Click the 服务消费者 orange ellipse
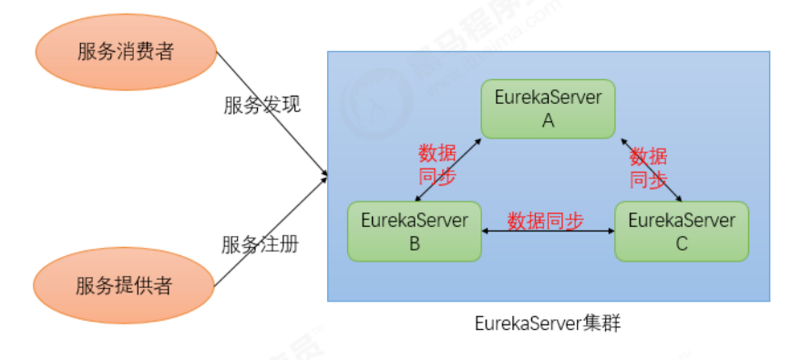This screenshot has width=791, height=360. click(x=124, y=52)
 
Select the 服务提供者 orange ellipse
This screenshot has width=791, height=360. click(x=124, y=286)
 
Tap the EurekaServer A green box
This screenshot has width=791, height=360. click(x=548, y=108)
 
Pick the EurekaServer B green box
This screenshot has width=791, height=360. click(x=414, y=231)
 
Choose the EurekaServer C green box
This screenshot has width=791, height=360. click(x=682, y=231)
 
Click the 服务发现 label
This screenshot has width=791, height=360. click(x=262, y=105)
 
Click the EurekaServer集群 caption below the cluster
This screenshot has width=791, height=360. click(x=548, y=324)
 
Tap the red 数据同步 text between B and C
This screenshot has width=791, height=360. click(x=546, y=221)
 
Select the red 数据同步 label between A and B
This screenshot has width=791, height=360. click(x=437, y=164)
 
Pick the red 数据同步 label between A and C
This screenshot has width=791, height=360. click(x=648, y=167)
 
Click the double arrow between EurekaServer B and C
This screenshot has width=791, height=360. click(x=548, y=233)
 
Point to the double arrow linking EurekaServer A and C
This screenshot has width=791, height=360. click(x=652, y=170)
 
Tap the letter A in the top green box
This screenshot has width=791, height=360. click(x=548, y=119)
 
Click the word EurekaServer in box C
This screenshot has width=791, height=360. click(x=682, y=221)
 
